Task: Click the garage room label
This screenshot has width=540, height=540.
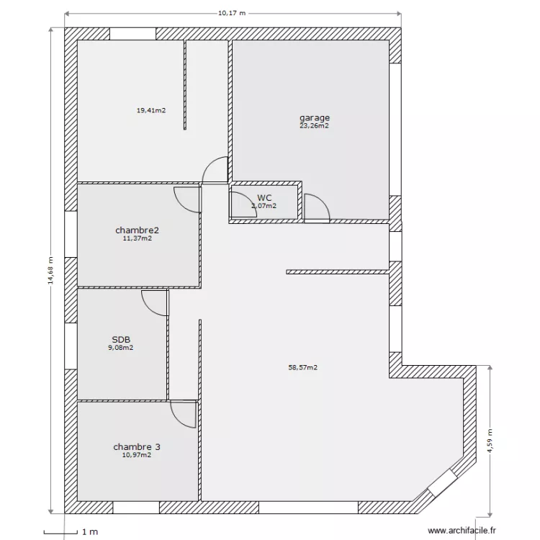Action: [315, 117]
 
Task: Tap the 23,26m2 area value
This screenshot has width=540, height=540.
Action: [315, 125]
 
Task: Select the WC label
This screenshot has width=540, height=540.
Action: [264, 197]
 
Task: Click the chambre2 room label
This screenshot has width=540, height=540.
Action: [137, 230]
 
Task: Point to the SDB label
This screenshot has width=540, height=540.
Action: [120, 339]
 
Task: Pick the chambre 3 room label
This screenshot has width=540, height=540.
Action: [137, 447]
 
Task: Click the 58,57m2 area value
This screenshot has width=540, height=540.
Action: [302, 367]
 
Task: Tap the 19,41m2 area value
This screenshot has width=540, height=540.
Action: [151, 111]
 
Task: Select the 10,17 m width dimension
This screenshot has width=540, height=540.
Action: [232, 12]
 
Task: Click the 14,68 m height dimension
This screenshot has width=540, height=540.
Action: [50, 271]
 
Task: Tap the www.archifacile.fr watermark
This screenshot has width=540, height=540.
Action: [462, 531]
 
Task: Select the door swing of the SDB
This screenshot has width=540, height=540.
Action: [156, 302]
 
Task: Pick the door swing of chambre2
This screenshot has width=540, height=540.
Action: [188, 199]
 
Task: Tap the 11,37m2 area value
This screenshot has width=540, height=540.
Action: [137, 238]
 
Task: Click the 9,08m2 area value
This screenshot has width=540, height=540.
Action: [120, 347]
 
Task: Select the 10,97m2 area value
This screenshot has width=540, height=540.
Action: [137, 455]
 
